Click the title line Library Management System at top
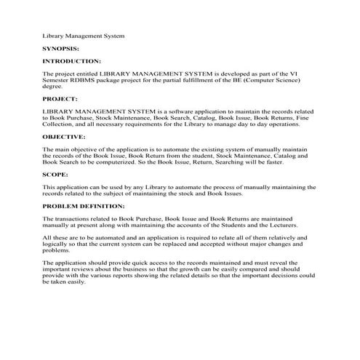click(83, 34)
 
